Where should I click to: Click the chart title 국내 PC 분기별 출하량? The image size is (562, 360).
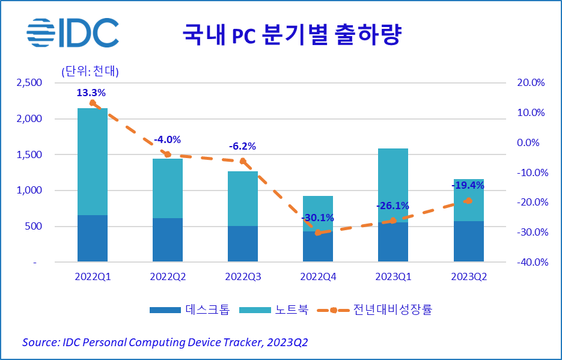click(292, 35)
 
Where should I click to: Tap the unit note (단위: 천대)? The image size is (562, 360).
click(90, 71)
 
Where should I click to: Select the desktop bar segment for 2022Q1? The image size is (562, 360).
click(93, 238)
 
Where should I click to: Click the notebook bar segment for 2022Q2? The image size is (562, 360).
click(168, 188)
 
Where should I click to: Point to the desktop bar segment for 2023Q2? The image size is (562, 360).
click(468, 241)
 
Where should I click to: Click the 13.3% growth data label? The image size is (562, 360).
click(91, 93)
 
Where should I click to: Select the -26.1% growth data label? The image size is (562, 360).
click(392, 206)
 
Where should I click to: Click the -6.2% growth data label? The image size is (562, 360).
click(242, 146)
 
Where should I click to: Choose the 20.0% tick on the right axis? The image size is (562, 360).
click(530, 83)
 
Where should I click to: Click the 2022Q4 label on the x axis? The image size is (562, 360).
click(318, 277)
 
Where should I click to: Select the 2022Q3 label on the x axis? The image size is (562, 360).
click(243, 277)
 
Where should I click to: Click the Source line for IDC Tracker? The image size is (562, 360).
click(165, 342)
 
